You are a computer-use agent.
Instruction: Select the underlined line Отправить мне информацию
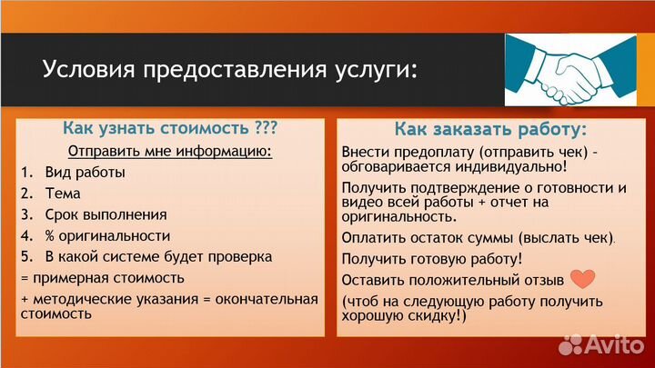[x=170, y=151]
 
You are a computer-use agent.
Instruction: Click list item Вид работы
[x=85, y=172]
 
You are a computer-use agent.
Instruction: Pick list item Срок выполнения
[x=106, y=214]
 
